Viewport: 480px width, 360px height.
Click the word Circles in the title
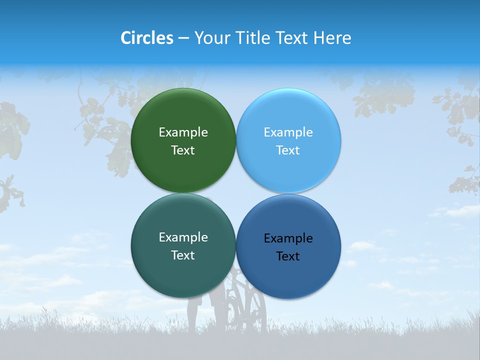(x=147, y=38)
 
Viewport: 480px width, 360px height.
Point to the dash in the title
(x=183, y=38)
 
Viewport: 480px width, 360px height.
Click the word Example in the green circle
(x=183, y=132)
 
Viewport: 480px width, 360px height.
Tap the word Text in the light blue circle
(x=288, y=150)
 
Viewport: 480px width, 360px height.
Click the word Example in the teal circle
(x=183, y=237)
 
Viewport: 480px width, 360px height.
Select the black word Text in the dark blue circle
(x=288, y=256)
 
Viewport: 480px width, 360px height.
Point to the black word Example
(x=288, y=238)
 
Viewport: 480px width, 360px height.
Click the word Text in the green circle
(x=183, y=150)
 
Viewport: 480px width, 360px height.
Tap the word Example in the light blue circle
(x=288, y=132)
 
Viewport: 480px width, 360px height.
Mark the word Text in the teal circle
(x=183, y=255)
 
